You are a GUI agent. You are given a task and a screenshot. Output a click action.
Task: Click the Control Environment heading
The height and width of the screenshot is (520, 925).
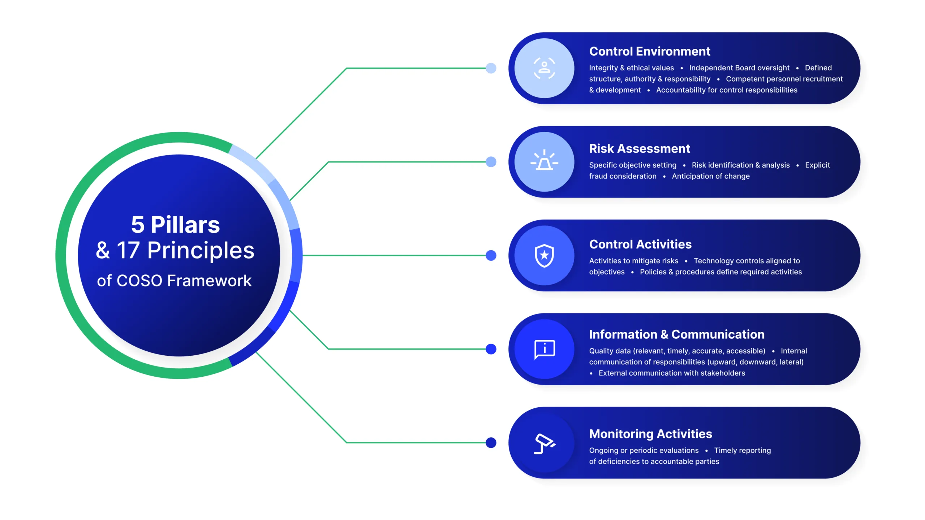pos(649,51)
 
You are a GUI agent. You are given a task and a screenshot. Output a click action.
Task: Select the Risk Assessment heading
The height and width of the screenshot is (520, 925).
pos(639,148)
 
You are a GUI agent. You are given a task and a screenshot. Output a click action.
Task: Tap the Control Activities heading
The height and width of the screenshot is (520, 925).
pos(640,244)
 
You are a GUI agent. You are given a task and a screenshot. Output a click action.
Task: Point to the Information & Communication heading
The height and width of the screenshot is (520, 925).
pos(676,334)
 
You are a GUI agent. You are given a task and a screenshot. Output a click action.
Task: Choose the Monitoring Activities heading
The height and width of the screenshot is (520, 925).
pos(650,434)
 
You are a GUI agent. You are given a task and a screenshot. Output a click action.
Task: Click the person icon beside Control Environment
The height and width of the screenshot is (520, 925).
pos(544,68)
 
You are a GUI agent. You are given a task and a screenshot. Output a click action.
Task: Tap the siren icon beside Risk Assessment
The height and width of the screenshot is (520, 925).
pos(544,161)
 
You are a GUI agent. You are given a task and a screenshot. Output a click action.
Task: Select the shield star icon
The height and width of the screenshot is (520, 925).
pos(544,255)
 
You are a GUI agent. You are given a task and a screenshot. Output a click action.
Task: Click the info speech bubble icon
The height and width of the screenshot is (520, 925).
pos(544,349)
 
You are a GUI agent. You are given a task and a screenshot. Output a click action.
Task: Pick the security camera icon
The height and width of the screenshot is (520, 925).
pos(544,443)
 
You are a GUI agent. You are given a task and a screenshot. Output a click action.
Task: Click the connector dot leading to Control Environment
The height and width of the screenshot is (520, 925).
pos(491,68)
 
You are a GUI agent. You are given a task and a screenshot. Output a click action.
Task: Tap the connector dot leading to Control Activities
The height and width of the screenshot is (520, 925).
pos(491,255)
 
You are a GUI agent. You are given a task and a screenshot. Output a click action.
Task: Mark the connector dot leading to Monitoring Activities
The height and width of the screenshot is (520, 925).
pos(491,443)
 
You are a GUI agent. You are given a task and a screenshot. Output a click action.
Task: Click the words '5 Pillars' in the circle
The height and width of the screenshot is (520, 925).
pos(175,225)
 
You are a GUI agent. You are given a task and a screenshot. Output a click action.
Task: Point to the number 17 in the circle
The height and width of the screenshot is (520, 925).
pos(128,250)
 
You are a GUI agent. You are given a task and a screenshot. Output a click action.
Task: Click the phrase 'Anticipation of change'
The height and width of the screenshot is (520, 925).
pos(710,176)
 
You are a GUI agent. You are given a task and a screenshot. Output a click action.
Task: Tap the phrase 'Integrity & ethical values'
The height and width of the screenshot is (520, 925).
pos(631,68)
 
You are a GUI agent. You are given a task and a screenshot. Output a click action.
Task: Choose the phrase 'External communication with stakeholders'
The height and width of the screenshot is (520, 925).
pos(671,373)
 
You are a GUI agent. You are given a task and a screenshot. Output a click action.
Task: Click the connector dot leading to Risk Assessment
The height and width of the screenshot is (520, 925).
pos(491,162)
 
